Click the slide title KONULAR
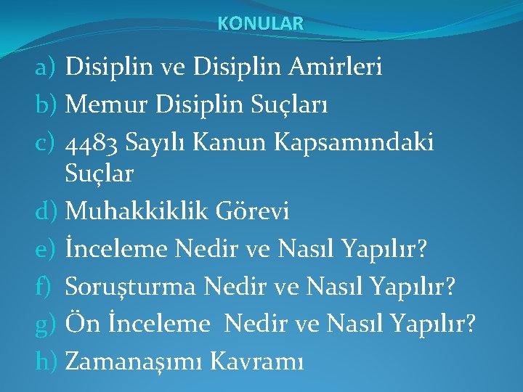[x=261, y=23]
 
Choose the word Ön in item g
[x=78, y=323]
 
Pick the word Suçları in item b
[x=299, y=106]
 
